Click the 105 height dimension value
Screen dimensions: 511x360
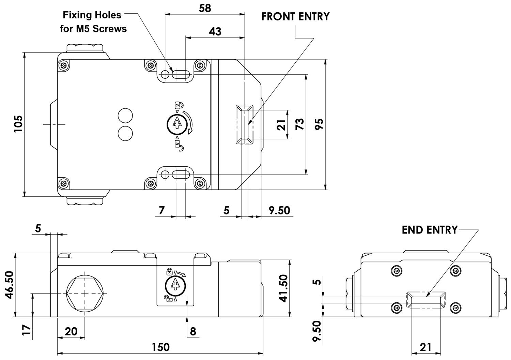(18, 124)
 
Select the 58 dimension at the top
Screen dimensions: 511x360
(205, 9)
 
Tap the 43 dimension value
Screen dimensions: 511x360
(215, 32)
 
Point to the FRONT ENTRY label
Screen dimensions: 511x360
(295, 17)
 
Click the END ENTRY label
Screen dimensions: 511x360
(430, 230)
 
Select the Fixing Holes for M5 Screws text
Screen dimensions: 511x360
(93, 22)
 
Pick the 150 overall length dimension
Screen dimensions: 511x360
(161, 347)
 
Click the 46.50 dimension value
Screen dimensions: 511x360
(10, 285)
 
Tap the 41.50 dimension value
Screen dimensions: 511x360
(284, 288)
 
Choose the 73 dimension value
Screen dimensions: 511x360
(300, 124)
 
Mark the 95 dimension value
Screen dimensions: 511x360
(319, 124)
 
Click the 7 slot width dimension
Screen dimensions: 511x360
(161, 210)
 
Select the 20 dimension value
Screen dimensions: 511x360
(71, 331)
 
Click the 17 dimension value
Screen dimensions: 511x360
(26, 330)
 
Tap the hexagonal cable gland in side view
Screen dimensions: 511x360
(84, 293)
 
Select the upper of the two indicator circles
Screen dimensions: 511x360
(125, 116)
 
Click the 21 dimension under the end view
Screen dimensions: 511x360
(425, 347)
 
